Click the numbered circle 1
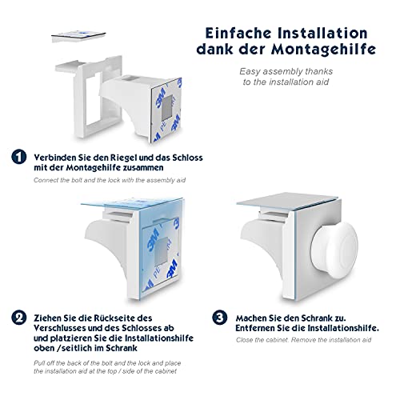pos(17,158)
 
